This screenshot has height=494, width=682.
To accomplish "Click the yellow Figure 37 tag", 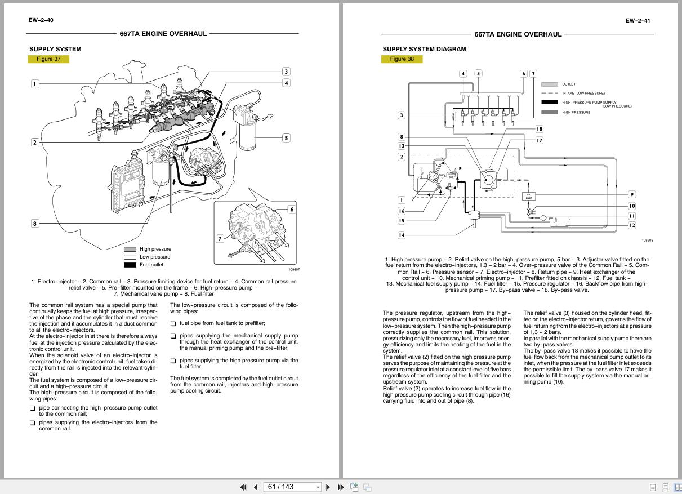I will pyautogui.click(x=48, y=59).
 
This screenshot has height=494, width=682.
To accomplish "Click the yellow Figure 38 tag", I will pyautogui.click(x=402, y=59).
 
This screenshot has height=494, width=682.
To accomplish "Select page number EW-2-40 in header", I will pyautogui.click(x=41, y=20).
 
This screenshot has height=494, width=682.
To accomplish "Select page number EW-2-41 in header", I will pyautogui.click(x=638, y=21).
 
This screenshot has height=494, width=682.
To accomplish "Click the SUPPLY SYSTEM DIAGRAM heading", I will pyautogui.click(x=424, y=49).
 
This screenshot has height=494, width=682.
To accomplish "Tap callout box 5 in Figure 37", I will pyautogui.click(x=286, y=138).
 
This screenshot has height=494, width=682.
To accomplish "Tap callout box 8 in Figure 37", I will pyautogui.click(x=34, y=224).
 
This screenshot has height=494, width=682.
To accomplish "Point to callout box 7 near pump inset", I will pyautogui.click(x=220, y=239).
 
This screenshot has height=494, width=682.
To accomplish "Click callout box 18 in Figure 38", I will pyautogui.click(x=539, y=129).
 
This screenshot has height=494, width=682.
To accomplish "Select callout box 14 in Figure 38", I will pyautogui.click(x=402, y=235).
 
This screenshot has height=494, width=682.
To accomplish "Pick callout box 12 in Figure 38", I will pyautogui.click(x=632, y=225).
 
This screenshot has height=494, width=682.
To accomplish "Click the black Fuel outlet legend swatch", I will pyautogui.click(x=130, y=265).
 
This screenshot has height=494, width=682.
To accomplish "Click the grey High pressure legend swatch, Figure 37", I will pyautogui.click(x=130, y=249).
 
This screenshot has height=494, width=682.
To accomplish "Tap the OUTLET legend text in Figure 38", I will pyautogui.click(x=568, y=84).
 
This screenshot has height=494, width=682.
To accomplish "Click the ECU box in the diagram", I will pyautogui.click(x=529, y=196).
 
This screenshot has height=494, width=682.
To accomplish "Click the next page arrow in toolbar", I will pyautogui.click(x=328, y=487).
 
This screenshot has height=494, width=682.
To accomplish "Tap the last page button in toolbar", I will pyautogui.click(x=341, y=487).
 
